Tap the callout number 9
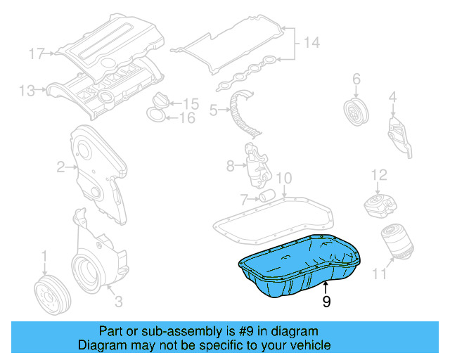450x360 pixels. (326, 302)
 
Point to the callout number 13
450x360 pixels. (27, 90)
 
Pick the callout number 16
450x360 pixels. (186, 117)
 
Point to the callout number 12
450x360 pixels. (379, 174)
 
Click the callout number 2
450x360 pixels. (61, 167)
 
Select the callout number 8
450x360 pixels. (230, 167)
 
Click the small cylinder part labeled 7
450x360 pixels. (266, 195)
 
